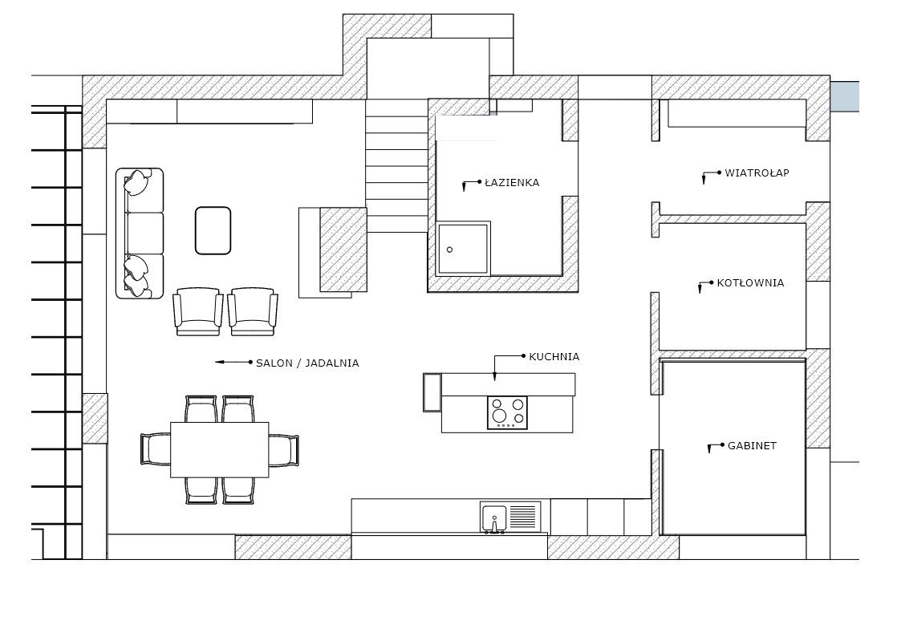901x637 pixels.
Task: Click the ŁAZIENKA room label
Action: tap(511, 183)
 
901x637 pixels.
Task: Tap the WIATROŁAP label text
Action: tap(757, 172)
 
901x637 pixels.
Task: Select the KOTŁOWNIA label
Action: tap(750, 282)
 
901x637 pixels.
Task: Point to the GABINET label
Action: tap(753, 445)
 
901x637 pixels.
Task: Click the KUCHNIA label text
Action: tap(554, 357)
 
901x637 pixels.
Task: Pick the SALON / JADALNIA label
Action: tap(307, 363)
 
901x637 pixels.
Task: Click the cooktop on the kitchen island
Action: tap(507, 413)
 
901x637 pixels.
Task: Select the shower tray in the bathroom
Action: tap(464, 249)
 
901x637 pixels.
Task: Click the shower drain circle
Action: tap(449, 250)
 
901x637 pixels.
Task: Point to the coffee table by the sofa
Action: tap(213, 230)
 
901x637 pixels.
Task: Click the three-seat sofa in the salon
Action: tap(140, 233)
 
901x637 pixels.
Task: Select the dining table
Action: tap(220, 450)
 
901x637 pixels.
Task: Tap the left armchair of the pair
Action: tap(198, 311)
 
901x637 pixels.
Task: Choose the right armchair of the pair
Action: tap(253, 311)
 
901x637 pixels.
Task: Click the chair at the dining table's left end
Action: tap(156, 449)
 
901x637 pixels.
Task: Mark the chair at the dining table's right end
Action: tap(284, 450)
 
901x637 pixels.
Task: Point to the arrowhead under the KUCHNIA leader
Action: tap(495, 377)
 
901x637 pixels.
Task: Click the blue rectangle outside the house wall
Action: tap(845, 96)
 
